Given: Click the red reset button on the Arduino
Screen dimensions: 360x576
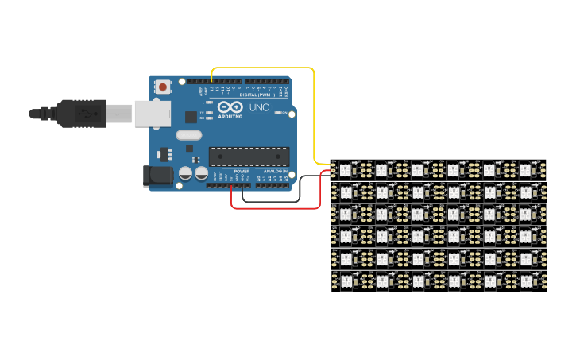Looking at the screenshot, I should (x=163, y=87).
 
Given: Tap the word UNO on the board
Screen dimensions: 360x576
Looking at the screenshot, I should (x=259, y=107).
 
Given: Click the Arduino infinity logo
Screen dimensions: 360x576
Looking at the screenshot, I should (x=230, y=107).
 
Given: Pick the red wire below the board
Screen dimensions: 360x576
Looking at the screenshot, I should (x=270, y=208).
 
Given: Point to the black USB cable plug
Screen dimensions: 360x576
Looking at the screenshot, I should (x=79, y=114).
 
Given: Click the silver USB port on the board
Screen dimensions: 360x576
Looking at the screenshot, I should (x=152, y=114).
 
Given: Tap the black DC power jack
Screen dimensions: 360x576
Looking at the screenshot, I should (x=157, y=176).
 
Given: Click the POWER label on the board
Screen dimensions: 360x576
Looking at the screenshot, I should (x=242, y=171).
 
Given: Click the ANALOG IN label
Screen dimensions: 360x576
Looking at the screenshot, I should (x=275, y=171).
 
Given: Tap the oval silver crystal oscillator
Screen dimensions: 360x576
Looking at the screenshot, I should (x=188, y=135).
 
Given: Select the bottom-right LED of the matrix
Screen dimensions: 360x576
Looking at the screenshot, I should (x=525, y=281).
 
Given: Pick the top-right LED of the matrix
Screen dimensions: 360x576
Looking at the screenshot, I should (x=525, y=169).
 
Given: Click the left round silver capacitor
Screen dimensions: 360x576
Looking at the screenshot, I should (x=185, y=172).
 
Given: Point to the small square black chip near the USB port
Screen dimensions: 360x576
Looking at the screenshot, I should (x=191, y=117).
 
